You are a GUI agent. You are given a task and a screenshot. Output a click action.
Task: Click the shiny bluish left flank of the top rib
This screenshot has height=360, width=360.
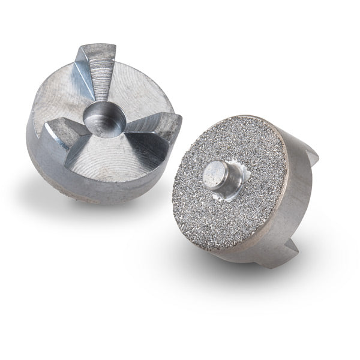pyautogui.click(x=84, y=78)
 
